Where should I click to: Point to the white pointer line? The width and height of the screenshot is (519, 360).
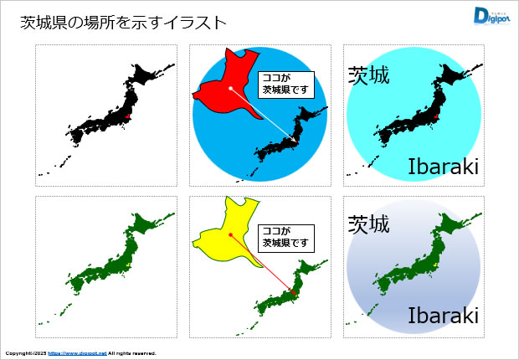tap(262, 112)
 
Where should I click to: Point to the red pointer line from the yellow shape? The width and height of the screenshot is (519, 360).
tap(261, 265)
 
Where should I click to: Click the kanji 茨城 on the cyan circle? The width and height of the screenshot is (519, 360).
tap(369, 76)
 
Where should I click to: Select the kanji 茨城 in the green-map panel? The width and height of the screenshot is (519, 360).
tap(369, 224)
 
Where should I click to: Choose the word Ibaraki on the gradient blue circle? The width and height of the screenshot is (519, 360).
tap(443, 316)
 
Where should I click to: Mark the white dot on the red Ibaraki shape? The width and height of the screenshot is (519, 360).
tap(231, 86)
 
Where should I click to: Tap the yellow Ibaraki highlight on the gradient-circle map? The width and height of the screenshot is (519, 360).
tap(435, 265)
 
